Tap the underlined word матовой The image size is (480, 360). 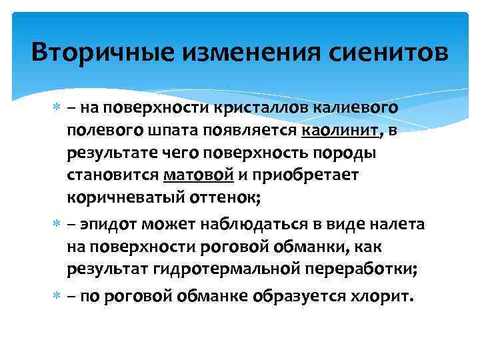(198, 176)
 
